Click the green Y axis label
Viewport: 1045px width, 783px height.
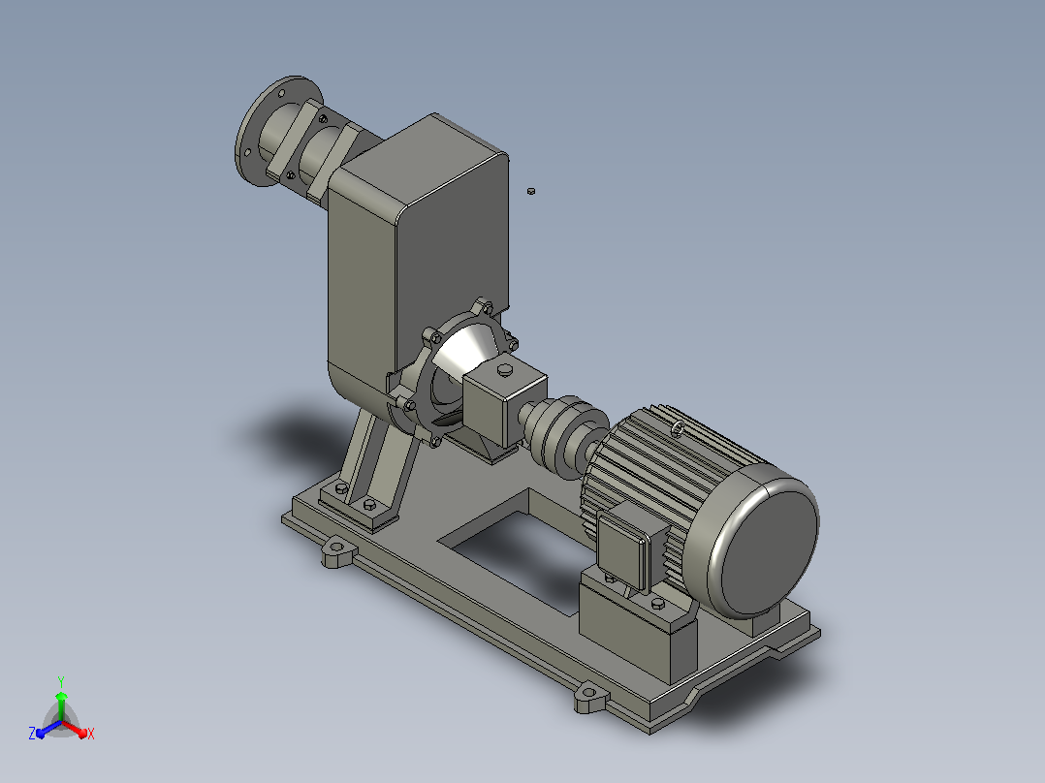click(61, 681)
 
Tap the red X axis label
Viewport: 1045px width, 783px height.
click(91, 734)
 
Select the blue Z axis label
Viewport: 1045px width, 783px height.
click(32, 733)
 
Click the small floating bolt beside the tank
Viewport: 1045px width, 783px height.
click(530, 191)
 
